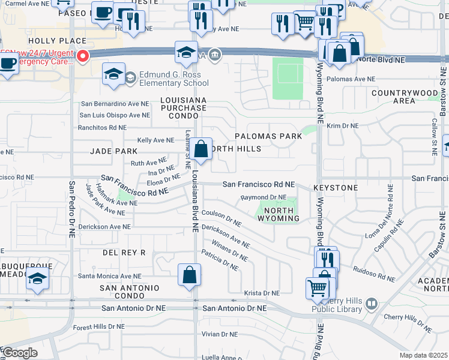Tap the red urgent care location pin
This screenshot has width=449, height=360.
[x=82, y=56]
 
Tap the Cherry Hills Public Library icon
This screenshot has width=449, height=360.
[x=370, y=304]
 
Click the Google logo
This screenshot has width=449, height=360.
[x=19, y=353]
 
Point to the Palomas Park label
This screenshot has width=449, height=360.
[x=268, y=136]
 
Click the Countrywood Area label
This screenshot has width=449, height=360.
[x=405, y=97]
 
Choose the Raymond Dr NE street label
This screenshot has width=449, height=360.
[x=264, y=197]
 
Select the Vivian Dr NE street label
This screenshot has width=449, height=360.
[x=221, y=334]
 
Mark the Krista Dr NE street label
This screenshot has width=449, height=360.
[x=262, y=293]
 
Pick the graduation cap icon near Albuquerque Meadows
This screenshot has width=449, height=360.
[x=37, y=280]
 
